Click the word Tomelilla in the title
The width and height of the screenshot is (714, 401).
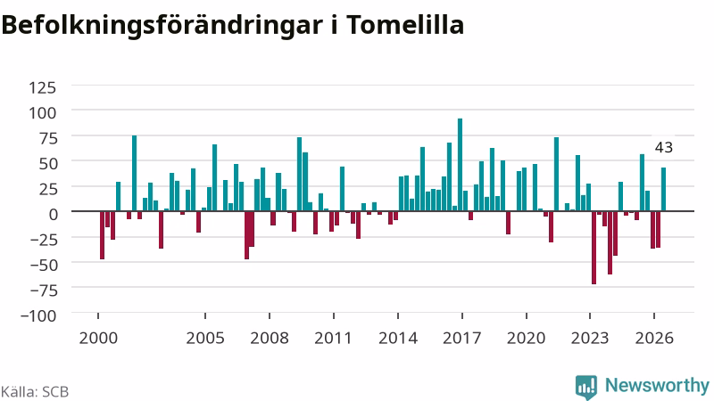click(x=406, y=25)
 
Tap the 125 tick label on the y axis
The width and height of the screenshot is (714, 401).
click(x=42, y=87)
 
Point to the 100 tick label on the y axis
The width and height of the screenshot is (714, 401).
click(x=42, y=113)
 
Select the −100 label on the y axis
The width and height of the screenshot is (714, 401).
click(x=38, y=315)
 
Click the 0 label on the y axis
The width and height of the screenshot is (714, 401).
click(x=54, y=214)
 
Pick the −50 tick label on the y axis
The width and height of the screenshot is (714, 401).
click(x=44, y=265)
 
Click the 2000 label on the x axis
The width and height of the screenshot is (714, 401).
click(x=98, y=339)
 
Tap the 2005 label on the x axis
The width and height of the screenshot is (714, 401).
click(x=205, y=339)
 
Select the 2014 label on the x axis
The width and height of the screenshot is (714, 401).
click(x=398, y=339)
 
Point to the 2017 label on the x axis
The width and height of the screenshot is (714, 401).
click(x=462, y=339)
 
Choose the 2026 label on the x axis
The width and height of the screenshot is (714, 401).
click(x=654, y=339)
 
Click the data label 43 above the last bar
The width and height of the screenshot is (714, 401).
click(x=663, y=148)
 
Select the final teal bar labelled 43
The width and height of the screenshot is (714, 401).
click(x=663, y=190)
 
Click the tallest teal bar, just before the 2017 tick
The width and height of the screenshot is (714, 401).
click(x=460, y=165)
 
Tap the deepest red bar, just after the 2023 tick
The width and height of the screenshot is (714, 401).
click(x=594, y=248)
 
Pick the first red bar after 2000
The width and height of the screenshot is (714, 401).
click(x=102, y=235)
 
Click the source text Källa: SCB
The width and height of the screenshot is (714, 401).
click(x=35, y=392)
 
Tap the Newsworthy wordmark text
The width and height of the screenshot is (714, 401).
click(x=657, y=385)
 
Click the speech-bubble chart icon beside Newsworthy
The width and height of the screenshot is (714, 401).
click(x=586, y=387)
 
